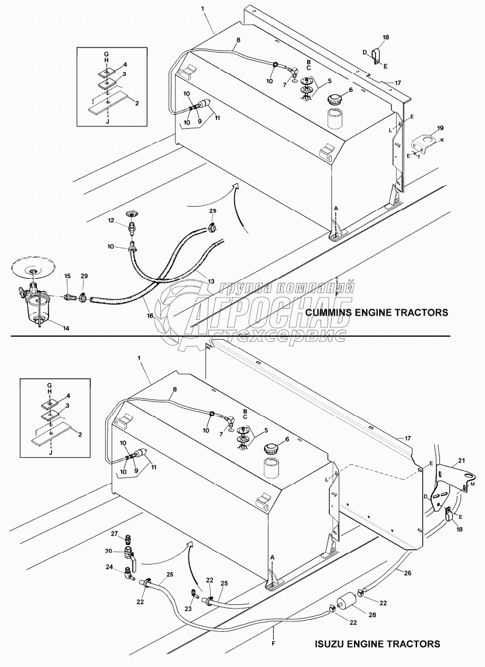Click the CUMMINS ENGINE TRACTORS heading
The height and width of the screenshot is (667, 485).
(x=377, y=313)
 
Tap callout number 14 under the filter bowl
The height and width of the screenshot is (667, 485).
(x=66, y=329)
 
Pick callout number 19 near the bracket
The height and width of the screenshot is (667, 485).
(x=441, y=127)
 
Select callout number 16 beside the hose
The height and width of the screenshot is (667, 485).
(x=150, y=316)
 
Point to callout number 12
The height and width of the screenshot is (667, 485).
(x=110, y=220)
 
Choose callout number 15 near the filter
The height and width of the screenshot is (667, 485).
(x=67, y=275)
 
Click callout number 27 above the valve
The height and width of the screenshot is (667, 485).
(x=115, y=534)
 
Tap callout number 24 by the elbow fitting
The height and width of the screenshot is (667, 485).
(x=109, y=567)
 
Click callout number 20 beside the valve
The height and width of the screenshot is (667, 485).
(x=109, y=551)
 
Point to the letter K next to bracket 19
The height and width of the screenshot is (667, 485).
(x=442, y=141)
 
